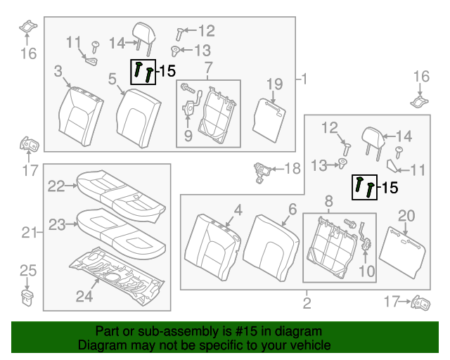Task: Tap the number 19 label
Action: pos(274,84)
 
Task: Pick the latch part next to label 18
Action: pos(264,170)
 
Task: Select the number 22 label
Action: pos(56,186)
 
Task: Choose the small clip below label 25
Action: pos(27,295)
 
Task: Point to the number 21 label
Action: pos(27,233)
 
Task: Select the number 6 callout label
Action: pos(292,209)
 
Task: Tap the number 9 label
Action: pos(188,136)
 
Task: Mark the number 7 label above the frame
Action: pos(208,68)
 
